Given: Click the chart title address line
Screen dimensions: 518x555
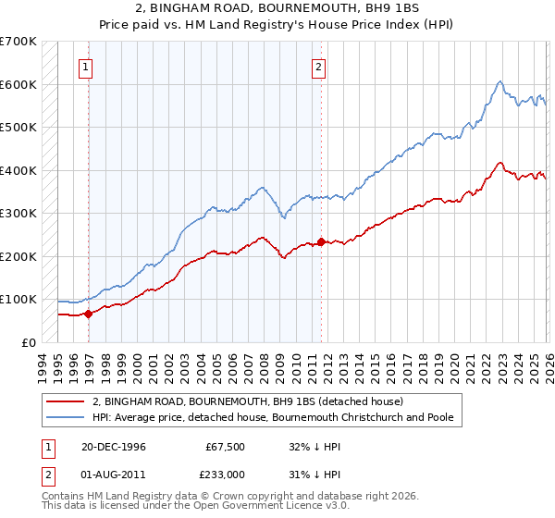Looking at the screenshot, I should point(277,8).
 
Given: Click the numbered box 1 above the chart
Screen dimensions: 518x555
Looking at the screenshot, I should point(85,66).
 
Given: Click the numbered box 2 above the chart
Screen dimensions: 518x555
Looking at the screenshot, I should point(318,66).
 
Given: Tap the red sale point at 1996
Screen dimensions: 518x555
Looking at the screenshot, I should point(89,314).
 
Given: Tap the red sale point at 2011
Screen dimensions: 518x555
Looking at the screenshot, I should point(321,242).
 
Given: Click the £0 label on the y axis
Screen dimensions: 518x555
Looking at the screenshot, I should point(28,342).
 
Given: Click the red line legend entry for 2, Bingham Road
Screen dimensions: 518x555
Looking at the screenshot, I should point(248,402).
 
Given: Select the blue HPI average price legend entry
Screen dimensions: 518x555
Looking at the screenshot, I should point(272,417).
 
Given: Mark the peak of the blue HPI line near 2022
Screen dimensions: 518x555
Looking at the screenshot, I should point(499,81).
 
